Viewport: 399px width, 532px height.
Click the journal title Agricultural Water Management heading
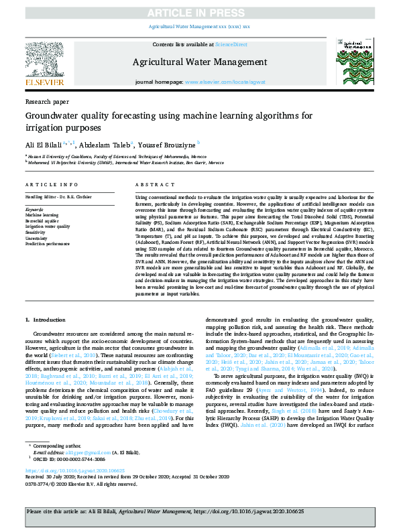point(198,62)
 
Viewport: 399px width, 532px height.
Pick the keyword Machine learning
point(42,215)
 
